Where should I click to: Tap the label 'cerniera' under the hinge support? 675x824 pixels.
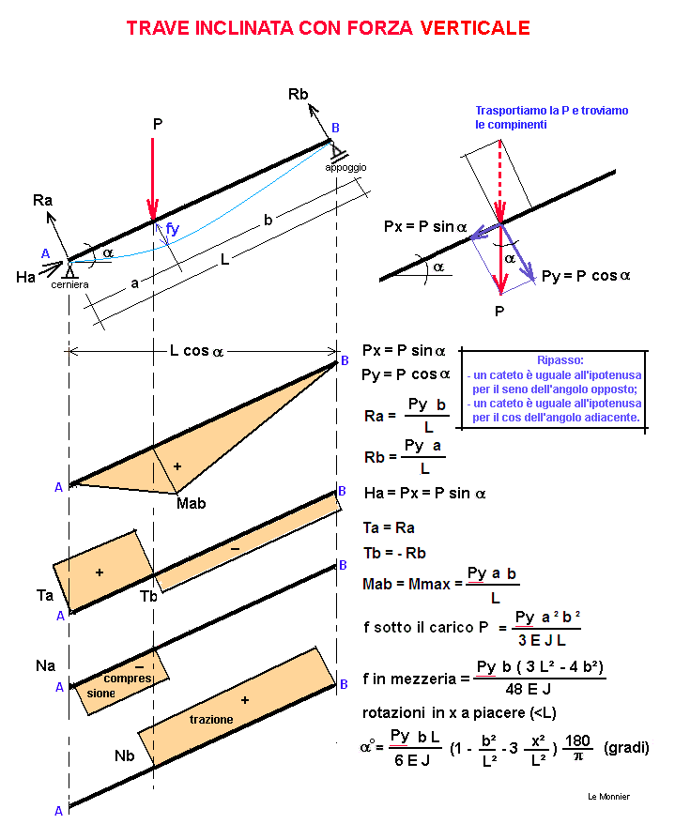tap(69, 284)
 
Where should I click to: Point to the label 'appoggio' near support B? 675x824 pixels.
tap(345, 168)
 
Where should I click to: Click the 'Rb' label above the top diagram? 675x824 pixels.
tap(299, 94)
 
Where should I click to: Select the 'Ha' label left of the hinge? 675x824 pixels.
tap(25, 277)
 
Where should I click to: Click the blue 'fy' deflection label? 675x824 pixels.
tap(173, 229)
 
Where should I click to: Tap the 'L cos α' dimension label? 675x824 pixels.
tap(196, 350)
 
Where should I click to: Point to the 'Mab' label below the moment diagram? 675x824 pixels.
tap(191, 503)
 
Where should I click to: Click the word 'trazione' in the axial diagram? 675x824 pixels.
tap(211, 720)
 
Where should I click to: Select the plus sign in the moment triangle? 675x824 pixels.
tap(177, 466)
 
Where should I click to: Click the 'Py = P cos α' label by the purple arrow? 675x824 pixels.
tap(586, 276)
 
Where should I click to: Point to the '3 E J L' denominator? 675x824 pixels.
tap(542, 640)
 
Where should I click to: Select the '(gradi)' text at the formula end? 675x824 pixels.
tap(626, 747)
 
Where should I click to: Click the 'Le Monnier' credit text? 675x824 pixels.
tap(608, 797)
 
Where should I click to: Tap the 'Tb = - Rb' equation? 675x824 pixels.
tap(394, 553)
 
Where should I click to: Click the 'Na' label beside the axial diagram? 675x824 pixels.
tap(45, 665)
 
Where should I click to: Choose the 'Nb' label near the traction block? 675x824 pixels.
tap(125, 755)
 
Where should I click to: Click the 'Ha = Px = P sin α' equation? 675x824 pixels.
tap(424, 493)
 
